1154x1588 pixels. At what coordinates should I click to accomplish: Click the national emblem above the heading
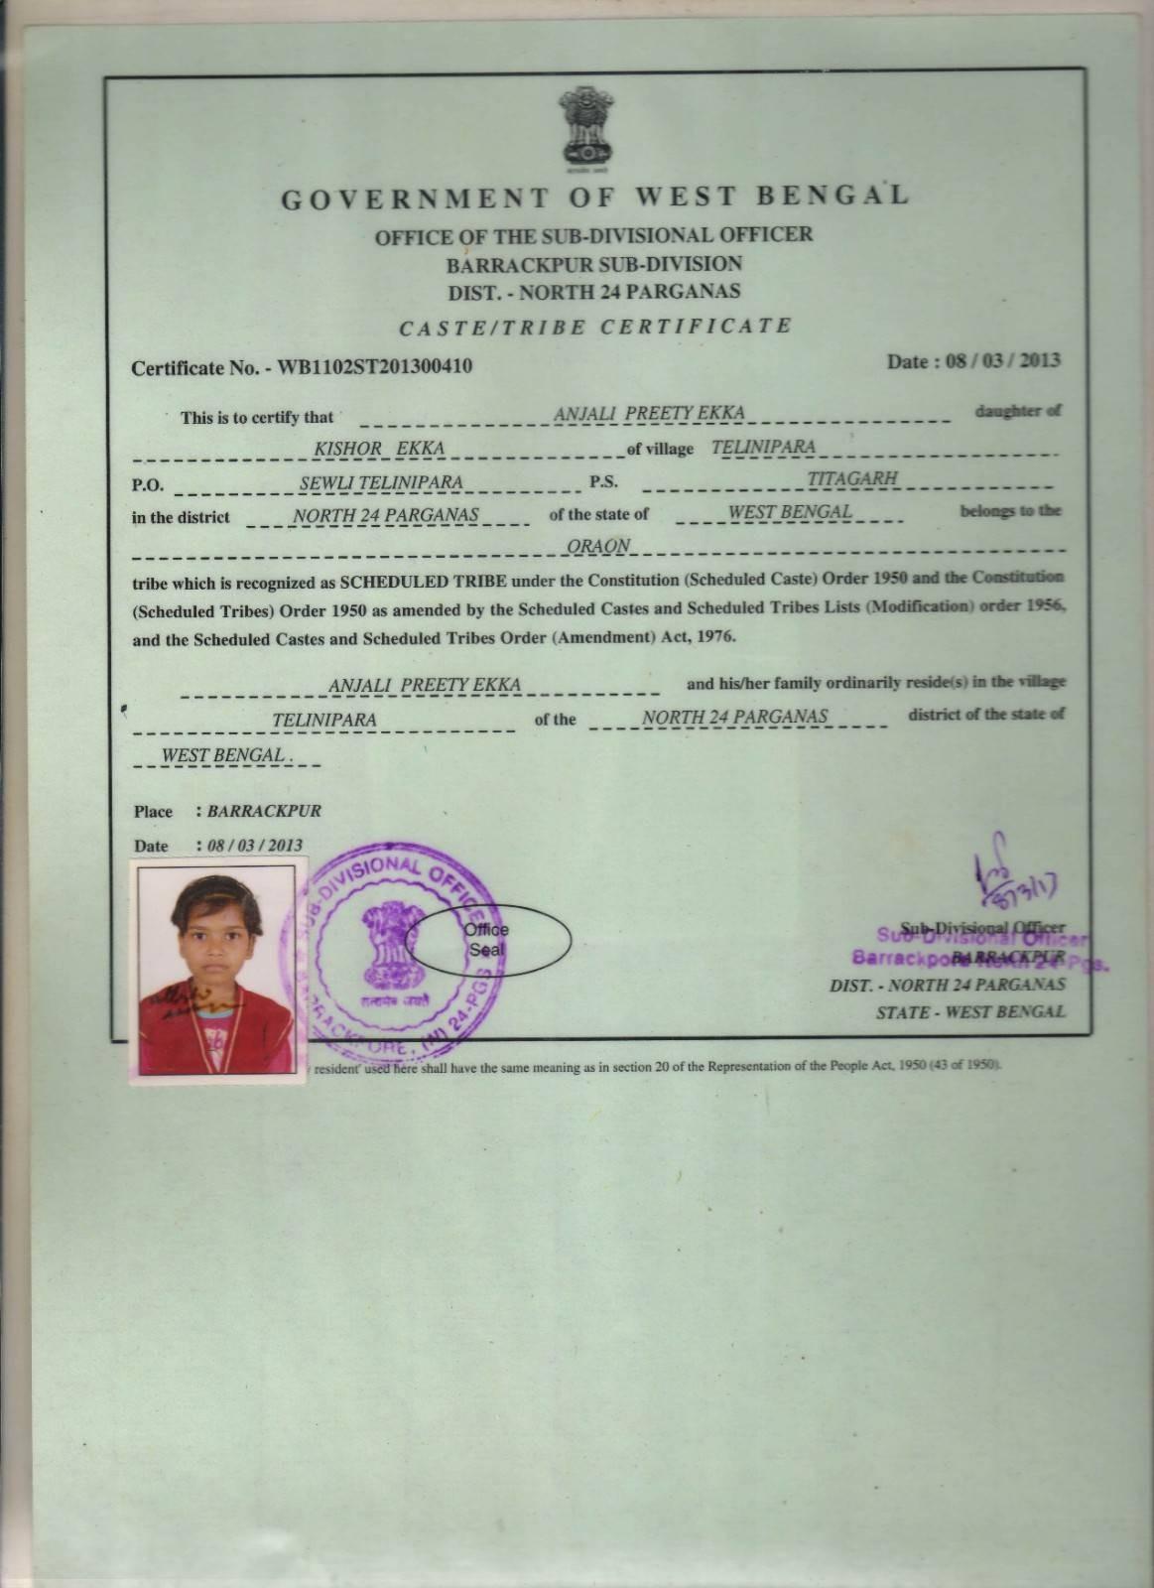(x=584, y=126)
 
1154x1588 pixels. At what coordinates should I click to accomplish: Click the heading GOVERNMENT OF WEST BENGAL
(x=594, y=197)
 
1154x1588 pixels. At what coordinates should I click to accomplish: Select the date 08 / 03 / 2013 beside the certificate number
(x=1002, y=360)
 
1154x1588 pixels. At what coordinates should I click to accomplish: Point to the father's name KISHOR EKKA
(x=379, y=449)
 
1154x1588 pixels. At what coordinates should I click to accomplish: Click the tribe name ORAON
(x=598, y=546)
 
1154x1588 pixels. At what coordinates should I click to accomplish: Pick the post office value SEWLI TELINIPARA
(x=381, y=482)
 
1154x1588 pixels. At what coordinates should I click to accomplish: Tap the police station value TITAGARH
(x=852, y=478)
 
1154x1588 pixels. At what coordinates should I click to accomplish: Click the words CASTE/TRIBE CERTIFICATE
(x=595, y=327)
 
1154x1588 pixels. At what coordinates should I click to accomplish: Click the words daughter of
(x=1018, y=412)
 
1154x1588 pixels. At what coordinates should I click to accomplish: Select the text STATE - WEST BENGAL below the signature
(x=970, y=1012)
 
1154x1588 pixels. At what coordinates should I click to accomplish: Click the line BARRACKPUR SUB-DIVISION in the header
(x=593, y=264)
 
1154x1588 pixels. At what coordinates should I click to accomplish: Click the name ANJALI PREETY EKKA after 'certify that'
(x=649, y=413)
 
